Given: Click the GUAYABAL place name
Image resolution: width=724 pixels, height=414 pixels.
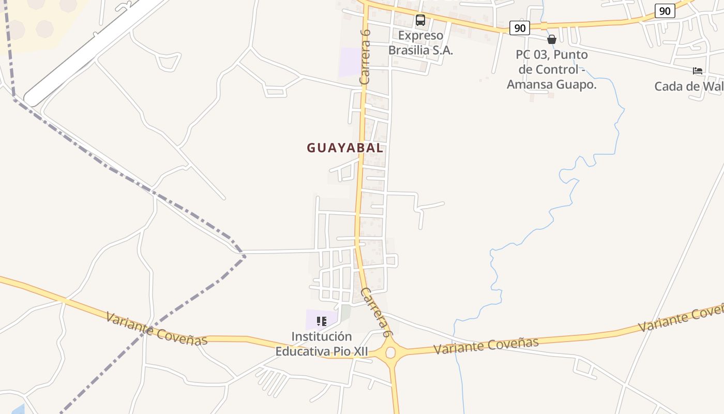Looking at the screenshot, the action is point(345,148).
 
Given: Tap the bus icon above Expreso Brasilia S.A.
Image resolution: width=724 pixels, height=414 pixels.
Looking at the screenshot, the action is point(420,21).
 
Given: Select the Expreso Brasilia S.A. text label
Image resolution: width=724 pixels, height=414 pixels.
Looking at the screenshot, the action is point(420,43).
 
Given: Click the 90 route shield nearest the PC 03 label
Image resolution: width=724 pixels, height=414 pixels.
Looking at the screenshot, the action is point(519,28).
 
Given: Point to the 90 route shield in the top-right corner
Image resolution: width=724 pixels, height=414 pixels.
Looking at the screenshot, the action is point(665,11).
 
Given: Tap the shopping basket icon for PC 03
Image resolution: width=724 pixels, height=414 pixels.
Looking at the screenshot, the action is point(552,39).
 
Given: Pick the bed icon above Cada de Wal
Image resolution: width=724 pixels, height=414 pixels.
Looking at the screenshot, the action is point(698,71).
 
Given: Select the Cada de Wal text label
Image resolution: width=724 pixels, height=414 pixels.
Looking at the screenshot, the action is point(688,86).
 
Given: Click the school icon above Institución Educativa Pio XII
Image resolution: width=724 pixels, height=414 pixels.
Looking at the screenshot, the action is point(322,321).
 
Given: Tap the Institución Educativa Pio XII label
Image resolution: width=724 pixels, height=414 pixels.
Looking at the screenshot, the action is point(321,344).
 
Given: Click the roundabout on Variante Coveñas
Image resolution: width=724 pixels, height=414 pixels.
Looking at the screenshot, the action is point(390,352).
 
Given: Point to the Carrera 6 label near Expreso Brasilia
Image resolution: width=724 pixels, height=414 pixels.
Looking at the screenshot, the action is point(365,57).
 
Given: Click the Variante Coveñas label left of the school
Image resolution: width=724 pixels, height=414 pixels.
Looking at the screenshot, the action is point(156,328).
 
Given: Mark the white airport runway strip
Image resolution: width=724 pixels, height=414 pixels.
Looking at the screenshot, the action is point(93,52).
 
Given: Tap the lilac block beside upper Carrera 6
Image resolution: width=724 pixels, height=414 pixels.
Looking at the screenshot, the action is point(350,63).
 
